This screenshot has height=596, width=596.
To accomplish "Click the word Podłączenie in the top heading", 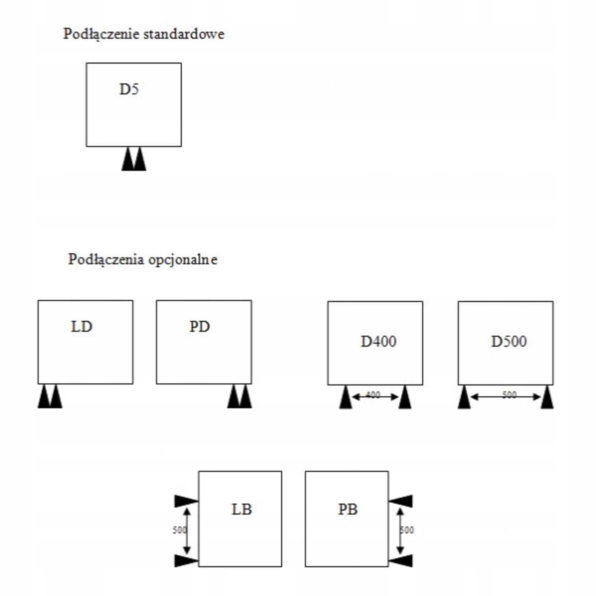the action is point(102,34).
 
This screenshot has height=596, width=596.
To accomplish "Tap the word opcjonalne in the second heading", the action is point(183,260).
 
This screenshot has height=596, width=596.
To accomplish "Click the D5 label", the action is point(129,89).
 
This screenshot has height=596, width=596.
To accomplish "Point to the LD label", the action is point(81,327).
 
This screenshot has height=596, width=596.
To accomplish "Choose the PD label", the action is point(199,327).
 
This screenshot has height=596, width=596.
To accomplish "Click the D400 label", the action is point(378,341).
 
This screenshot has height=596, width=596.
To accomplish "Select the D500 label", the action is point(509,341).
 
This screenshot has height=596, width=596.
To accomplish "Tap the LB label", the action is point(242,509).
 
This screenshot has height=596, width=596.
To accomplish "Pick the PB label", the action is point(348,509).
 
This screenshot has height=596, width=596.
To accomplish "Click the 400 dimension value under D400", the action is point(373,395).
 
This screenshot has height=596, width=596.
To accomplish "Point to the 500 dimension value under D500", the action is point(509,395).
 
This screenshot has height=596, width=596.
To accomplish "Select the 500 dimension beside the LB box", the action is point(179,530).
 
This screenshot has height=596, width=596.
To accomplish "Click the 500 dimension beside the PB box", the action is point(407,530).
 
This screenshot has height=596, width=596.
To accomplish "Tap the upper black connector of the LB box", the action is point(186,501).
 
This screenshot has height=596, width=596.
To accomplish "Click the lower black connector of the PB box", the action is point(401,561).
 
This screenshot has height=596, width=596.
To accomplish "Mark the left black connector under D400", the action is point(345,398).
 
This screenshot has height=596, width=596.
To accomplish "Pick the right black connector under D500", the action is point(547,398).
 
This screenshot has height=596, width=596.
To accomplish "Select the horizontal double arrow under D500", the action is point(489,397).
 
